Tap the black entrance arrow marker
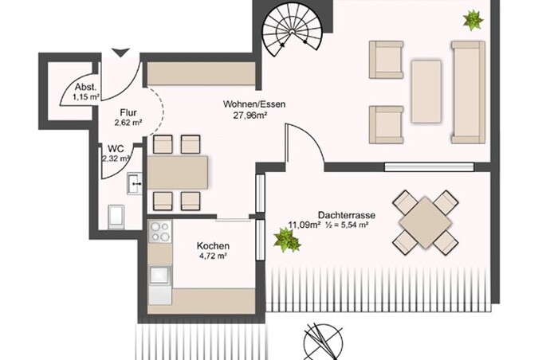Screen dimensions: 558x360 tap(121, 53)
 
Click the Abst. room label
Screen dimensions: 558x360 tap(85, 87)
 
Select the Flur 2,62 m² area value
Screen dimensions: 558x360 tap(128, 123)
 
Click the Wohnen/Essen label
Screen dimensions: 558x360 tap(254, 104)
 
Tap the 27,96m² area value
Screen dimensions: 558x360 tap(250, 115)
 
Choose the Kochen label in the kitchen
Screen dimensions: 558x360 tap(213, 246)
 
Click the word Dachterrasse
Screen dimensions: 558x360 tap(347, 215)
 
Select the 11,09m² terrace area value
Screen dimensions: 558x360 tap(305, 225)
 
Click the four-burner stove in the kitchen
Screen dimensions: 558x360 tap(160, 232)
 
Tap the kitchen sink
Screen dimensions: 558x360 tap(160, 275)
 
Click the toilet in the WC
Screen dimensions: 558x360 tap(116, 216)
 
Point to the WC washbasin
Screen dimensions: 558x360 tap(135, 183)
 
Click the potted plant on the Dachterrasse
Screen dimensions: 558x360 tap(287, 240)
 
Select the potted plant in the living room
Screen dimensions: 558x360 tap(473, 20)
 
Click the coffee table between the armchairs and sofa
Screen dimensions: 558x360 tap(426, 92)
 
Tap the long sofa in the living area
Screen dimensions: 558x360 tap(469, 92)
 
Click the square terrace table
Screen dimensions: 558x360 tap(425, 222)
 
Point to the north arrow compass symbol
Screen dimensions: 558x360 tap(323, 342)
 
